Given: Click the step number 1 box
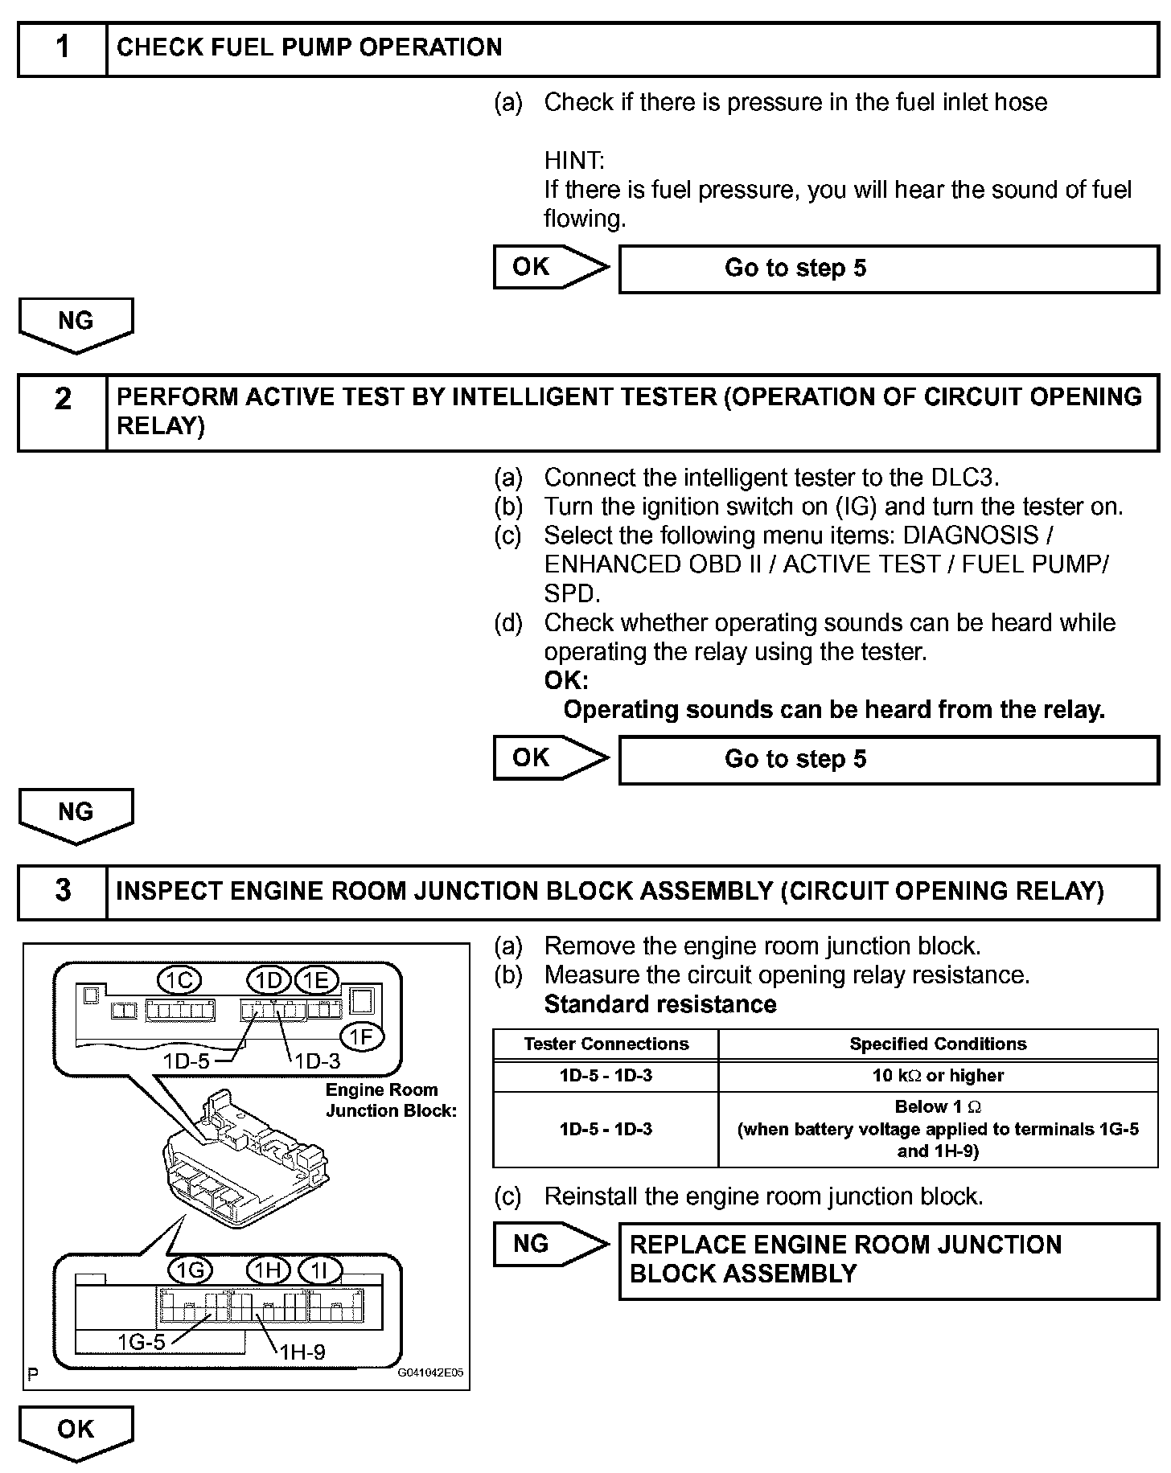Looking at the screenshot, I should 63,48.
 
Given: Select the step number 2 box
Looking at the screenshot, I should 63,411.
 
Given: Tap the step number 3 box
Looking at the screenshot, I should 63,892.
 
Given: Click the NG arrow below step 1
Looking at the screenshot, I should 76,323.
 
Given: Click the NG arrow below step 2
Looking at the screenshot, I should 76,814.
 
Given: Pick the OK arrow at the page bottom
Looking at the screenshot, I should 76,1431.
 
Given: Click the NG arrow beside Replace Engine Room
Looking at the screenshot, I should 550,1245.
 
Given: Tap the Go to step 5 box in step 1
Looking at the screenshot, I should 888,269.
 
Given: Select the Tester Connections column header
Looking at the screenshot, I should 606,1044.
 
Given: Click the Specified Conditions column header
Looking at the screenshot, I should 938,1044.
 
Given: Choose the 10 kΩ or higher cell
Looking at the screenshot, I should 938,1076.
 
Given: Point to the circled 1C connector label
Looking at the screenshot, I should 179,980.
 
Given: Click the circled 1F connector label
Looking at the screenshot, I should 362,1038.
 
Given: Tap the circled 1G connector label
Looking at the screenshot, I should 190,1270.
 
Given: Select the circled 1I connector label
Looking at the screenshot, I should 319,1270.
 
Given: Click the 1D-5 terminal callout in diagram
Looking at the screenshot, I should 186,1061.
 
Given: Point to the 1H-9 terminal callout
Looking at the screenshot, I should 302,1352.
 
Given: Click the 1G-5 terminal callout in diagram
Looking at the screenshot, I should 142,1342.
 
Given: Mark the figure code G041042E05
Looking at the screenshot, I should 430,1373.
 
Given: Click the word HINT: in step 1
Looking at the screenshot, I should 574,161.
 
